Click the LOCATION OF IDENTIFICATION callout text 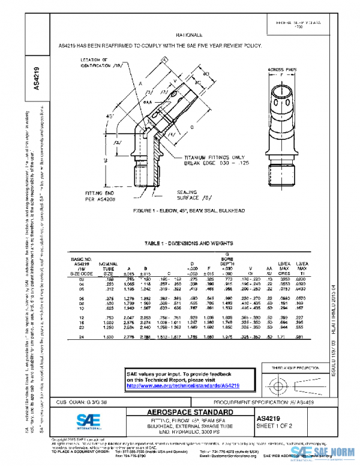102,63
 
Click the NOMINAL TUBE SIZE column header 108,268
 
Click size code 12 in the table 79,316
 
